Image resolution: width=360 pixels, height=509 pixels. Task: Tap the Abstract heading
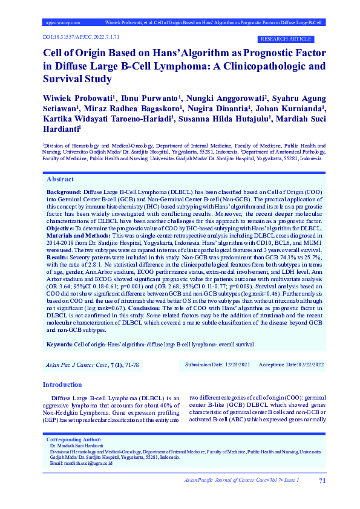[60, 180]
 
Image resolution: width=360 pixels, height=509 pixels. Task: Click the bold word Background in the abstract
[64, 190]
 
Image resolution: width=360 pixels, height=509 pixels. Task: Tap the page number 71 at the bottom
[322, 481]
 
